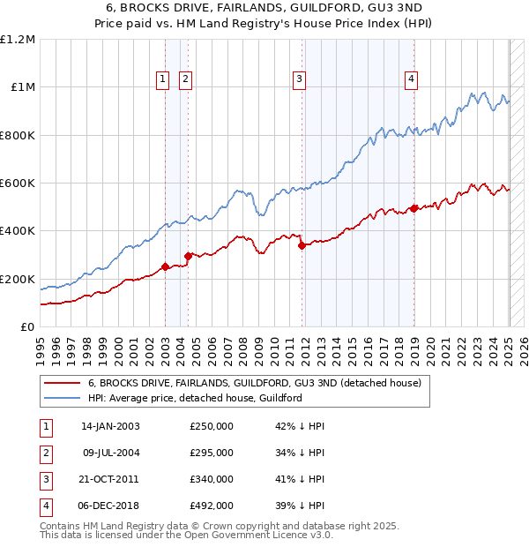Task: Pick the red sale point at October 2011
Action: pos(302,246)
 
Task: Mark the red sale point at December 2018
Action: pos(414,209)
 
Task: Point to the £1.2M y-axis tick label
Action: pos(18,40)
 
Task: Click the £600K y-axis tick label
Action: pos(18,184)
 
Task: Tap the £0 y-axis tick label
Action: pos(27,327)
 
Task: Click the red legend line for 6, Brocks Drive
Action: pos(62,384)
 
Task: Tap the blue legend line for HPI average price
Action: pos(62,399)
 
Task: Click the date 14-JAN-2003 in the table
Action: pos(110,426)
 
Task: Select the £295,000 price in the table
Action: pos(212,453)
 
